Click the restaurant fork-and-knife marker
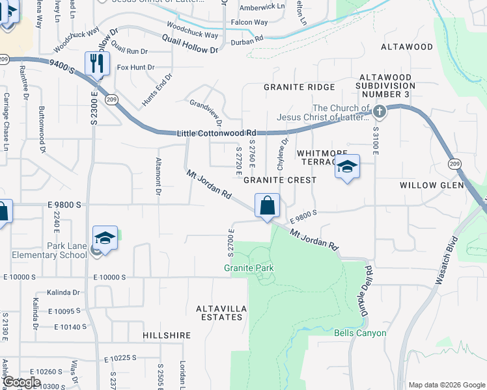click(97, 64)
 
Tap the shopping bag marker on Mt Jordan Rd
click(267, 206)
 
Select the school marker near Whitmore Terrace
click(347, 167)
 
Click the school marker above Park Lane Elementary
click(104, 239)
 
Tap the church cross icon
click(380, 112)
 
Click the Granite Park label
click(249, 268)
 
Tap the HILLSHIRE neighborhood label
click(167, 335)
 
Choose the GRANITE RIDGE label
click(299, 87)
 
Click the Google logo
click(21, 382)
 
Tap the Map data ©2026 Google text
click(445, 384)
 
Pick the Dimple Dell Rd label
click(367, 286)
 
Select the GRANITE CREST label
click(280, 179)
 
